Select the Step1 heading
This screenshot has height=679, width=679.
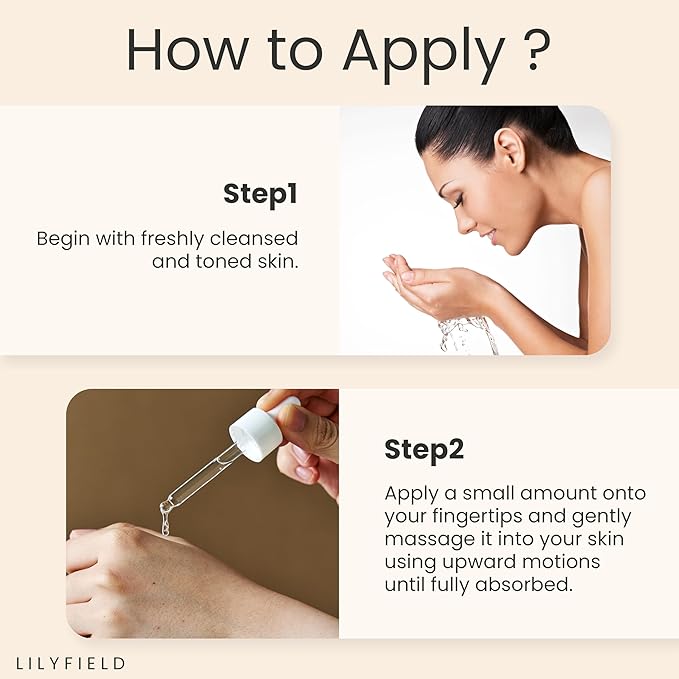(261, 194)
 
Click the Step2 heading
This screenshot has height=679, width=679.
(424, 450)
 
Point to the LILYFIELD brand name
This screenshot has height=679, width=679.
(71, 662)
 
